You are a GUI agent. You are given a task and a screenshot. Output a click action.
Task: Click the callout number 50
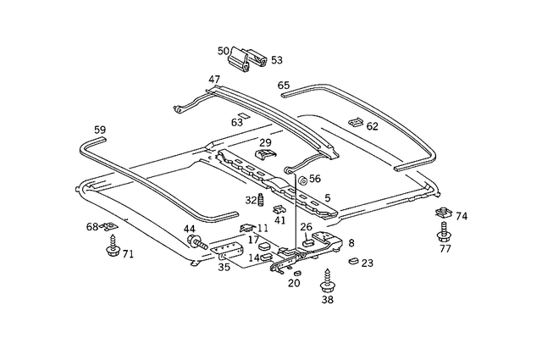pos(223,51)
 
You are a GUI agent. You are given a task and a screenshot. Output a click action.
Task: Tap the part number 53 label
pos(276,60)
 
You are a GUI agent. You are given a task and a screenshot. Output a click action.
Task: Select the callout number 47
pos(214,80)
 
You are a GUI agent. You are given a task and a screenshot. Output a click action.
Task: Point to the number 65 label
pos(283,86)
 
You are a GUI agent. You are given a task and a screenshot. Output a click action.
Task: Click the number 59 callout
pos(100,130)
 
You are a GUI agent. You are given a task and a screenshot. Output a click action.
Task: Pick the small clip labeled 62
pos(355,123)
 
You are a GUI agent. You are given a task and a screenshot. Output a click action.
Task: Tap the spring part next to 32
pos(262,201)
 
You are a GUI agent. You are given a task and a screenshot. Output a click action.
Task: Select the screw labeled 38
pos(328,279)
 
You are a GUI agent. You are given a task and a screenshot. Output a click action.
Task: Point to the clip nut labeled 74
pos(441,213)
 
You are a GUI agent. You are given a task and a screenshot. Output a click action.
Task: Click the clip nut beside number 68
pos(108,226)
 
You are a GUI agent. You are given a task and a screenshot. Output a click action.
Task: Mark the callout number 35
pos(224,267)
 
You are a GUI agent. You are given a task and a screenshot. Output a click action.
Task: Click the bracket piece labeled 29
pos(267,155)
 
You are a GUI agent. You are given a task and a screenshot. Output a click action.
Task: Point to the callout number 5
pos(327,199)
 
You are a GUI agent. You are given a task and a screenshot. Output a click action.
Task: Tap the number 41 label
pos(280,220)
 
